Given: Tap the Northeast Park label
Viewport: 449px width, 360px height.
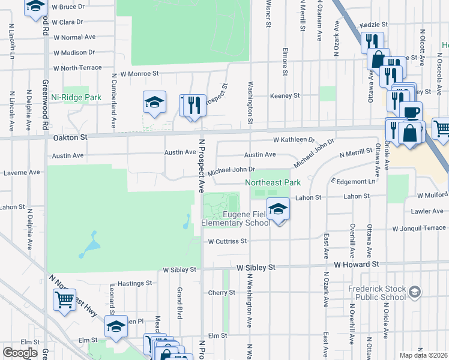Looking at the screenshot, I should click(272, 182).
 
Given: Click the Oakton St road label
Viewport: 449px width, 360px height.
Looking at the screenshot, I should click(70, 137).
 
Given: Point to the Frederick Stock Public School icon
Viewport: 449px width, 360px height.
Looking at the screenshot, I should click(414, 292).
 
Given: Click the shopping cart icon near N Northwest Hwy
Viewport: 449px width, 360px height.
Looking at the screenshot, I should click(64, 299).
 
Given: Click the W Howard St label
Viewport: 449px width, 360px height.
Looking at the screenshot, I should click(357, 264).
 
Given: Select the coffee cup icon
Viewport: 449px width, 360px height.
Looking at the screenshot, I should click(411, 112).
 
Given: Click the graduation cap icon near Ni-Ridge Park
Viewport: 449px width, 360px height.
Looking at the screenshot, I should click(154, 103).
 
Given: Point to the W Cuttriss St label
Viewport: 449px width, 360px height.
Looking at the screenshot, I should click(228, 241).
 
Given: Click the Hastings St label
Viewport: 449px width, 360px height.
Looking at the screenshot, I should click(134, 283).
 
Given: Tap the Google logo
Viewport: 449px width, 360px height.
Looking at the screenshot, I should click(20, 353).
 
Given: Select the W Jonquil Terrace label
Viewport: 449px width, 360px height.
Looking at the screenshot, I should click(419, 228).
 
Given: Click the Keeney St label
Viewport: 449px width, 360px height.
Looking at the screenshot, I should click(285, 95).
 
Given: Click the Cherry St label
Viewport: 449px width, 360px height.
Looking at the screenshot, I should click(221, 292).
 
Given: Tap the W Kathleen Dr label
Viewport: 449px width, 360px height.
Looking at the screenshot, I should click(294, 140).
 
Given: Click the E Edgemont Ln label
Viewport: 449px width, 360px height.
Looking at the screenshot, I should click(353, 181).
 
